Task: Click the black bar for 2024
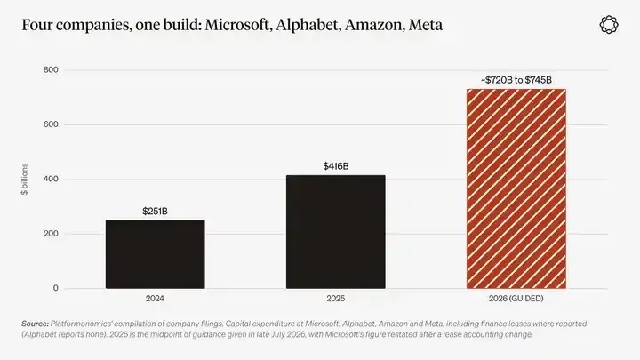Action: [x=155, y=254]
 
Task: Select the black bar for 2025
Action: [x=335, y=232]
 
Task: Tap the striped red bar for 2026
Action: [x=516, y=188]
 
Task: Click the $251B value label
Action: [x=155, y=211]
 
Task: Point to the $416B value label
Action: [x=336, y=166]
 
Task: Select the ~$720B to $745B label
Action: [x=516, y=80]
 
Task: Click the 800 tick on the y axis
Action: [x=51, y=70]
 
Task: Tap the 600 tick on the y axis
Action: [x=51, y=124]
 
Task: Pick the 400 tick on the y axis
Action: [x=51, y=180]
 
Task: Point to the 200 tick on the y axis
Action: [x=51, y=234]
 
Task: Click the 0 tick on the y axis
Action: [x=55, y=288]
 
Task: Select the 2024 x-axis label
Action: [x=155, y=299]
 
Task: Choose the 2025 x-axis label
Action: [x=335, y=299]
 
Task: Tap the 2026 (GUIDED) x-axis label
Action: [x=516, y=299]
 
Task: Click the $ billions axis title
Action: [x=25, y=180]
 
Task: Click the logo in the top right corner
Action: [x=609, y=25]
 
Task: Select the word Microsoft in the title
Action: [x=238, y=25]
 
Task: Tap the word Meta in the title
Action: [x=426, y=25]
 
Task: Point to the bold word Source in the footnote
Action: [x=35, y=324]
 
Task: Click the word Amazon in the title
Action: [x=375, y=25]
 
